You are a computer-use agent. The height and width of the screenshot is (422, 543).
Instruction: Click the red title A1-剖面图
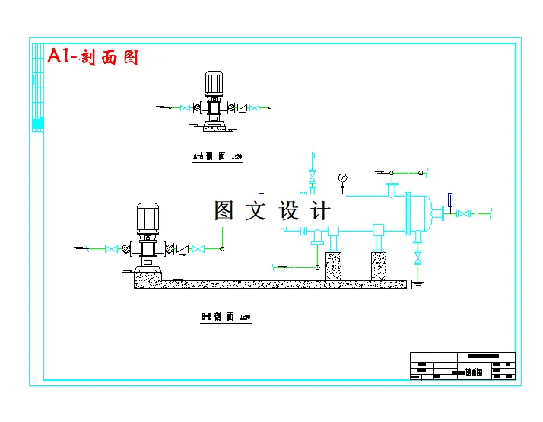(93, 56)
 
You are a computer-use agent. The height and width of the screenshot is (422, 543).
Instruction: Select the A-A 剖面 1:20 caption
(217, 157)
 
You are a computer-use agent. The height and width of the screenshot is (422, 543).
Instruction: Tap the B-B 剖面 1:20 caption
(226, 316)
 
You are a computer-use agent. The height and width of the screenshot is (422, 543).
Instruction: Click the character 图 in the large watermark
(224, 210)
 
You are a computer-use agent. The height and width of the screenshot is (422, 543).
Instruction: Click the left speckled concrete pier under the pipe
(333, 266)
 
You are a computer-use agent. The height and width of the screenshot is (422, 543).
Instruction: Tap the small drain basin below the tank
(418, 285)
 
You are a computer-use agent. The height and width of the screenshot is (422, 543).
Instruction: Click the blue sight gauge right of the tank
(449, 201)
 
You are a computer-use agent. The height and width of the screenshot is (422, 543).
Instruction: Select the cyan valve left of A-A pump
(185, 108)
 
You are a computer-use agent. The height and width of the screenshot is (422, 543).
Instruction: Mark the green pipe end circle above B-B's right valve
(221, 248)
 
